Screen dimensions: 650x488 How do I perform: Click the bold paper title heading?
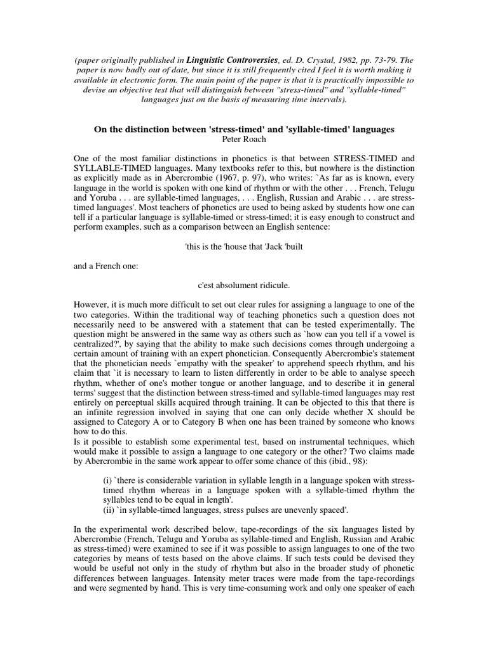tap(244, 129)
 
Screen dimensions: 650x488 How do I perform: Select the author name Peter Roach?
tap(244, 139)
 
